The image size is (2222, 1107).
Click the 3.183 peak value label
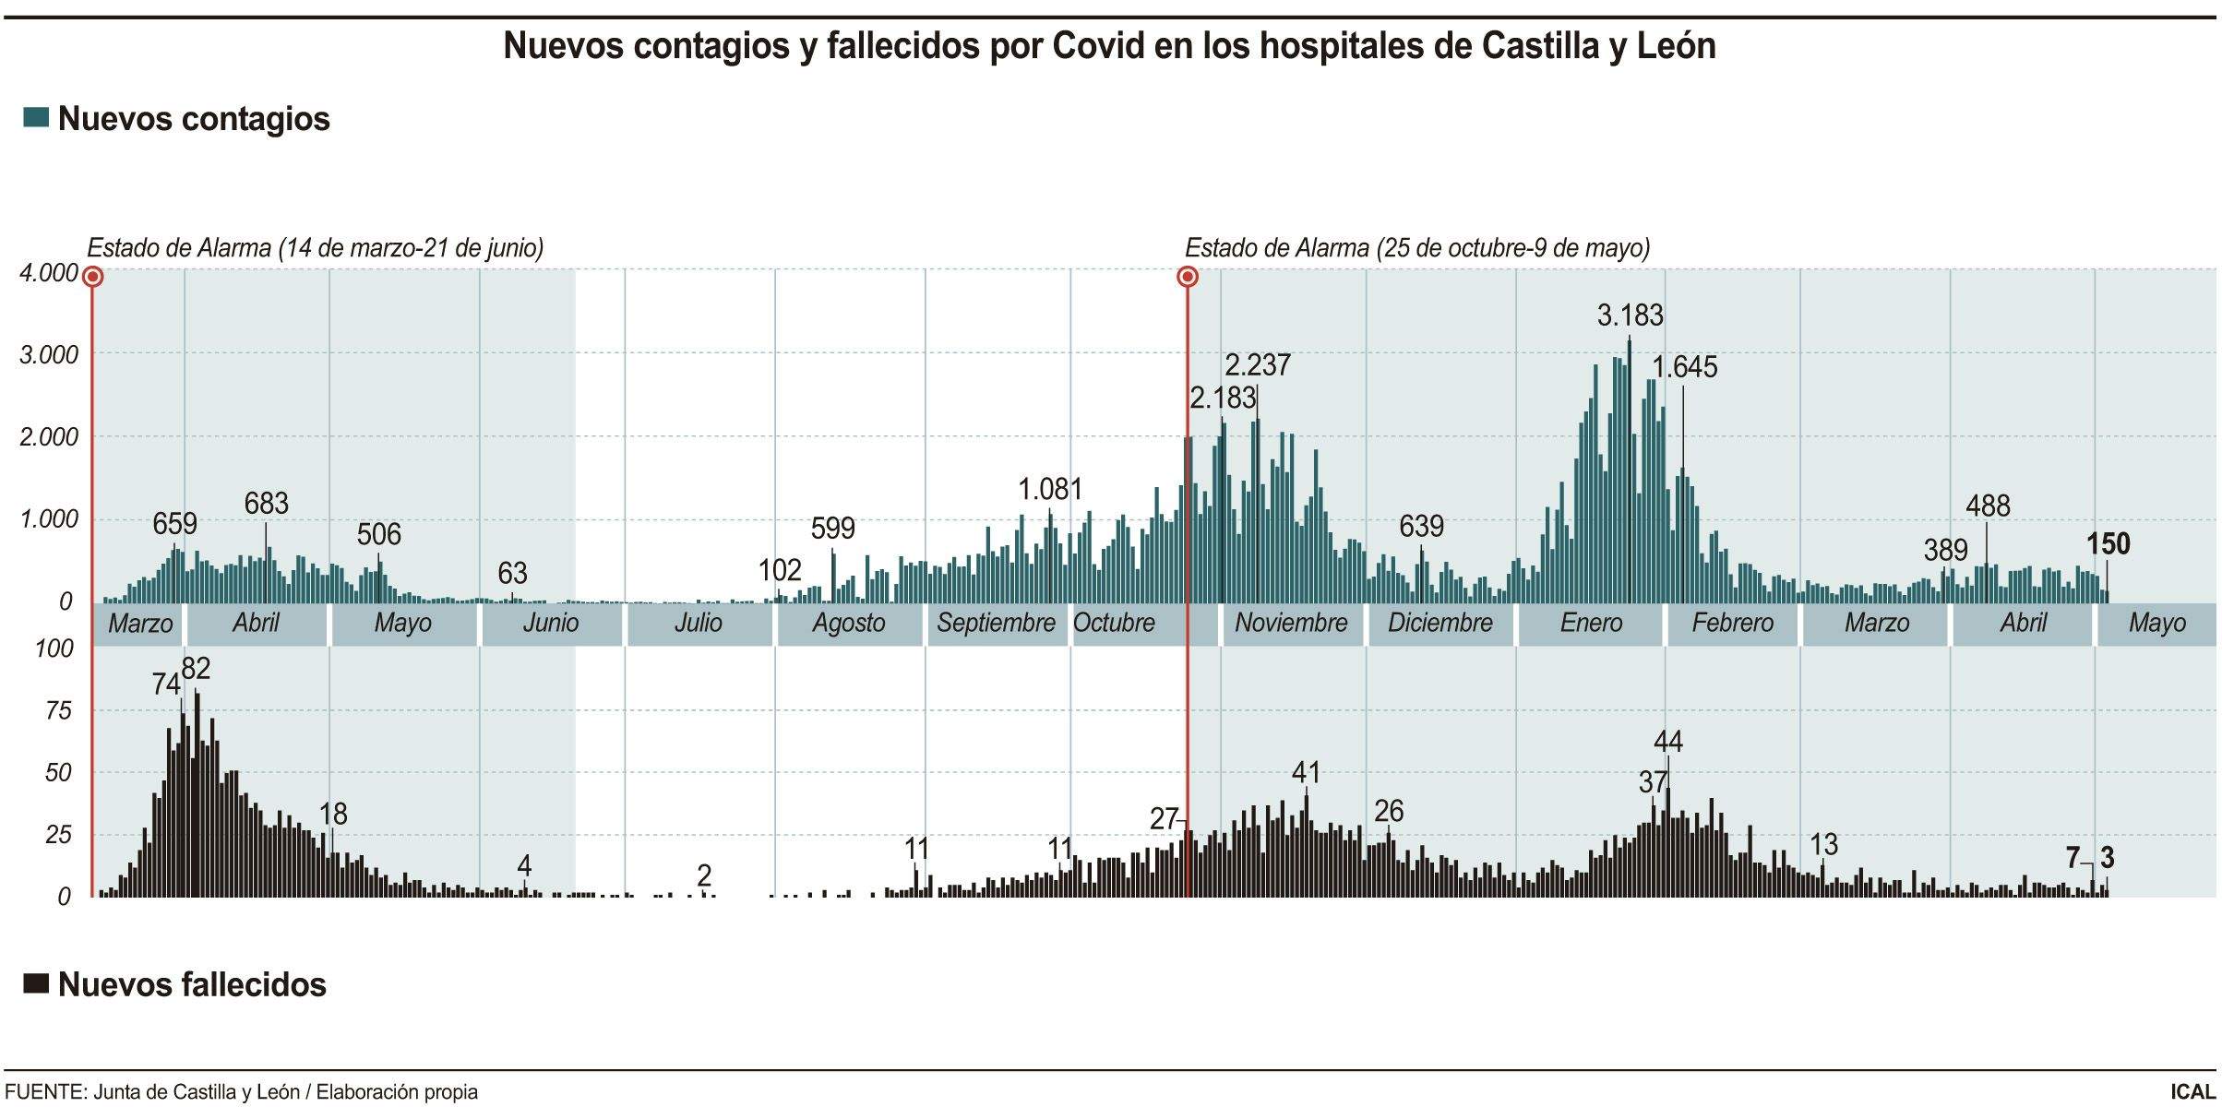[x=1630, y=315]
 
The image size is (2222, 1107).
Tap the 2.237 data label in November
[x=1257, y=365]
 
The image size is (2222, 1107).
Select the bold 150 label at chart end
[x=2109, y=544]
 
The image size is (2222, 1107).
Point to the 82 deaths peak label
[x=196, y=668]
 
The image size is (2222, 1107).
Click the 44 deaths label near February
[x=1667, y=741]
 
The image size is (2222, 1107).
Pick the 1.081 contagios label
[x=1050, y=489]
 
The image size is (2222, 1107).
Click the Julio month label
[x=698, y=623]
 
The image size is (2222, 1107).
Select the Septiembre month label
[x=996, y=623]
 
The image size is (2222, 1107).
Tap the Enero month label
[x=1591, y=623]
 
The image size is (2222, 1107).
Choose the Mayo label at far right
[x=2156, y=623]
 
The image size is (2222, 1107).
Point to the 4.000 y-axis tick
[x=50, y=273]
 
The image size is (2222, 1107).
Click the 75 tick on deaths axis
[x=57, y=710]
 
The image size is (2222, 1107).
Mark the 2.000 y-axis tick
[x=50, y=436]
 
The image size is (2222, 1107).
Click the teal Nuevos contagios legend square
[x=36, y=118]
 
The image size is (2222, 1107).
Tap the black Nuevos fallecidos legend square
[x=36, y=983]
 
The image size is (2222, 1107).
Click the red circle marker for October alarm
[x=1189, y=277]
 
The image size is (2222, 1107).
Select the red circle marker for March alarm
[x=92, y=277]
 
